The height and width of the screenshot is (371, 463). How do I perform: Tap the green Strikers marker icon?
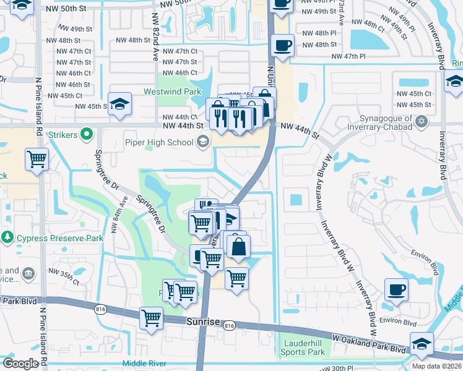(x=87, y=134)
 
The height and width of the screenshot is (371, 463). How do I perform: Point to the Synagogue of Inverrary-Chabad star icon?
(x=422, y=120)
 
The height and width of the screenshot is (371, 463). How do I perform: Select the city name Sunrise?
(x=202, y=322)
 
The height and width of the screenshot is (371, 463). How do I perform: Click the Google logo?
(x=20, y=364)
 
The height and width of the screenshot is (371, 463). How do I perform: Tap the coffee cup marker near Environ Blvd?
(x=396, y=289)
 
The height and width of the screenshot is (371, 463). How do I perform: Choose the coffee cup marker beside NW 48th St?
(x=282, y=45)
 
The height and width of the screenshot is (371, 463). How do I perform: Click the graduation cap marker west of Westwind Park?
(x=119, y=104)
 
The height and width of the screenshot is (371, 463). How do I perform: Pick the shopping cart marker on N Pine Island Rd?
(x=37, y=159)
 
